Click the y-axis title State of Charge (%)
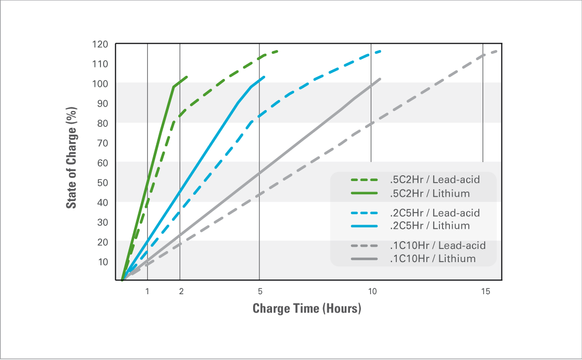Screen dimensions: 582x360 [x=71, y=158]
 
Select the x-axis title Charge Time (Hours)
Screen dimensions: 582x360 [x=307, y=308]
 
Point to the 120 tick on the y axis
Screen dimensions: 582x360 [x=100, y=45]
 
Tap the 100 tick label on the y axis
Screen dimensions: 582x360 [x=100, y=84]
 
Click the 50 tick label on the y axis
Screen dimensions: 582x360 [x=103, y=183]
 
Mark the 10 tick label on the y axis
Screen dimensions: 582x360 [x=103, y=262]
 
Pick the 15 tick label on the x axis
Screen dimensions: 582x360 [x=486, y=292]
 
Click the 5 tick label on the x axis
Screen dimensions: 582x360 [x=260, y=292]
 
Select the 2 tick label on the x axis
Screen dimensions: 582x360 [x=181, y=292]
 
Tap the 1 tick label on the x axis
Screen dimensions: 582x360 [x=147, y=292]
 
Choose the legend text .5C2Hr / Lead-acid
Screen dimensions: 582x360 [x=435, y=179]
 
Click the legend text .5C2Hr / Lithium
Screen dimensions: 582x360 [x=430, y=193]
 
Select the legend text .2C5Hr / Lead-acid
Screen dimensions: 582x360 [x=435, y=213]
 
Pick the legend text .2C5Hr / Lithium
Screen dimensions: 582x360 [x=430, y=226]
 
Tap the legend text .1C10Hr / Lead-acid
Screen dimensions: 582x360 [x=438, y=245]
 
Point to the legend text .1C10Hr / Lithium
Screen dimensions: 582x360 [x=433, y=258]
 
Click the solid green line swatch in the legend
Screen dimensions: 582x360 [x=364, y=193]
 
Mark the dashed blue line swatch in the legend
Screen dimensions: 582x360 [x=364, y=213]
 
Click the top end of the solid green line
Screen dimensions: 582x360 [x=187, y=77]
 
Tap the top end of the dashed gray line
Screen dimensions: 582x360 [x=497, y=51]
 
